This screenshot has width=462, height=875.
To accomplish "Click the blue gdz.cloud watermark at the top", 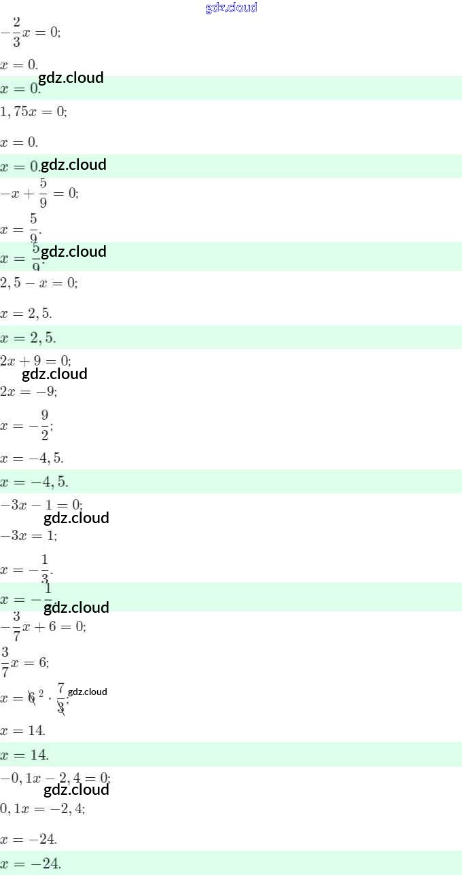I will [x=231, y=8].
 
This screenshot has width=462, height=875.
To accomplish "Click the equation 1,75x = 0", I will [x=33, y=112].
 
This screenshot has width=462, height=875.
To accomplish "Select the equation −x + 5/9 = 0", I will [x=39, y=193].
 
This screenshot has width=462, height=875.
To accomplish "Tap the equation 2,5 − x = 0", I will [x=39, y=283].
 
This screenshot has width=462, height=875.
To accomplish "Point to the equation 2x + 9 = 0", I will [x=35, y=361].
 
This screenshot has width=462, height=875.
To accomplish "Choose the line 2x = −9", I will [x=29, y=392].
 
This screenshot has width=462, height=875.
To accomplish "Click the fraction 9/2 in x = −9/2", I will [x=44, y=425].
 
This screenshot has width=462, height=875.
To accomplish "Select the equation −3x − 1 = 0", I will [x=41, y=505].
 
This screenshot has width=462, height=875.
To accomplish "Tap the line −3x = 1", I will [x=29, y=536].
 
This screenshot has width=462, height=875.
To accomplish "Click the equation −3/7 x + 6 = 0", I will [x=43, y=626].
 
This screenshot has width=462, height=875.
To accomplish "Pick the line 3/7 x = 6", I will [x=24, y=662].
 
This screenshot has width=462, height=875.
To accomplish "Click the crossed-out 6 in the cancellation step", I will [x=31, y=698].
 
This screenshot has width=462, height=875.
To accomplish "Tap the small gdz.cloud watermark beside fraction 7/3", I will [x=88, y=692].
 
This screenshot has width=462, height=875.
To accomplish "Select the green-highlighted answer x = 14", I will [x=24, y=755].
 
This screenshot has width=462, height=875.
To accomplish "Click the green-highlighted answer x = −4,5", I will [x=34, y=482].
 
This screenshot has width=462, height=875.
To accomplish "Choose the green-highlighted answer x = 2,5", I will [x=29, y=338].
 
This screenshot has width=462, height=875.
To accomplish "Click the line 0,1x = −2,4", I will [x=42, y=808].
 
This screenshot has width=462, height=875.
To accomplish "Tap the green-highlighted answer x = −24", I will [x=31, y=863].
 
